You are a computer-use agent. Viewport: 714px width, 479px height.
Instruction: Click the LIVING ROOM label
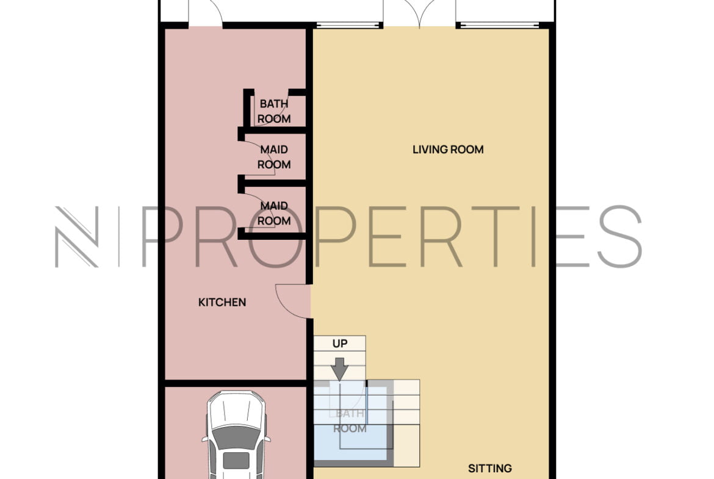click(x=448, y=149)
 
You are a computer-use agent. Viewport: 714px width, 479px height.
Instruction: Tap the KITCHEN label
click(x=222, y=302)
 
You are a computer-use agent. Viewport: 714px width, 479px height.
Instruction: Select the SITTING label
click(x=490, y=468)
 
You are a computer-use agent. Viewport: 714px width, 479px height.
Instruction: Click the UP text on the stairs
click(x=340, y=344)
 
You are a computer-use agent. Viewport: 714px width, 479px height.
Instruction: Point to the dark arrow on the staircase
click(x=340, y=369)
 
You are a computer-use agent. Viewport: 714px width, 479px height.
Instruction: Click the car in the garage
click(x=236, y=435)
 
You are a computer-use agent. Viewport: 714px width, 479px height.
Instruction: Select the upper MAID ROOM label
click(x=274, y=157)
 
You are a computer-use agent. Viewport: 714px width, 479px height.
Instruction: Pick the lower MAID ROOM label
click(x=274, y=213)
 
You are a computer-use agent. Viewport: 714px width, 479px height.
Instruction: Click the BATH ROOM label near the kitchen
click(x=274, y=111)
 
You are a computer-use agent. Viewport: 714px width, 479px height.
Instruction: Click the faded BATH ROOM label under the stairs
click(x=350, y=421)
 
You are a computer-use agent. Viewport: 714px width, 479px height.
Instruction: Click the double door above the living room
click(x=420, y=12)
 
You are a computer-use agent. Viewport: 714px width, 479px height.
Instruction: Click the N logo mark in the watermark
click(x=76, y=237)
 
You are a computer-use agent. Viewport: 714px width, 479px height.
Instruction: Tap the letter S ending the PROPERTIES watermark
click(x=620, y=236)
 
